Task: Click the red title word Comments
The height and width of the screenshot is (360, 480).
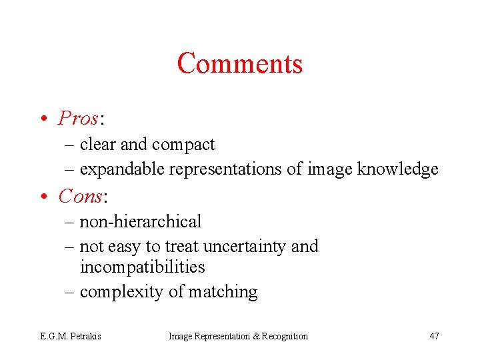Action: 240,63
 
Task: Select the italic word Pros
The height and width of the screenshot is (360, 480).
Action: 78,118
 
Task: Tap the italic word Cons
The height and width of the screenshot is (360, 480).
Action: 80,196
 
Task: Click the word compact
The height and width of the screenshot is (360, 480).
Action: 183,145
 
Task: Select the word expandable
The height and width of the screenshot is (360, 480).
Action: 122,169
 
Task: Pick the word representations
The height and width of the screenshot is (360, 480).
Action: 226,169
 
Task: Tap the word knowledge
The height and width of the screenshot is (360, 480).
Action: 397,169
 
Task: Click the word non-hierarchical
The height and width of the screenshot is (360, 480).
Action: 140,221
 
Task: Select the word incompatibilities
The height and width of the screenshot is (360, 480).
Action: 142,267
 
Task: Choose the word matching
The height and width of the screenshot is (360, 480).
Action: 223,292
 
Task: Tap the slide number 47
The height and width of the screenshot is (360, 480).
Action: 434,336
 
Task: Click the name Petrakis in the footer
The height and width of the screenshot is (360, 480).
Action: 85,336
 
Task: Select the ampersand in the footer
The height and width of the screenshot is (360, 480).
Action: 256,336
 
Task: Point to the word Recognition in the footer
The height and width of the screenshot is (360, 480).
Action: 285,336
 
